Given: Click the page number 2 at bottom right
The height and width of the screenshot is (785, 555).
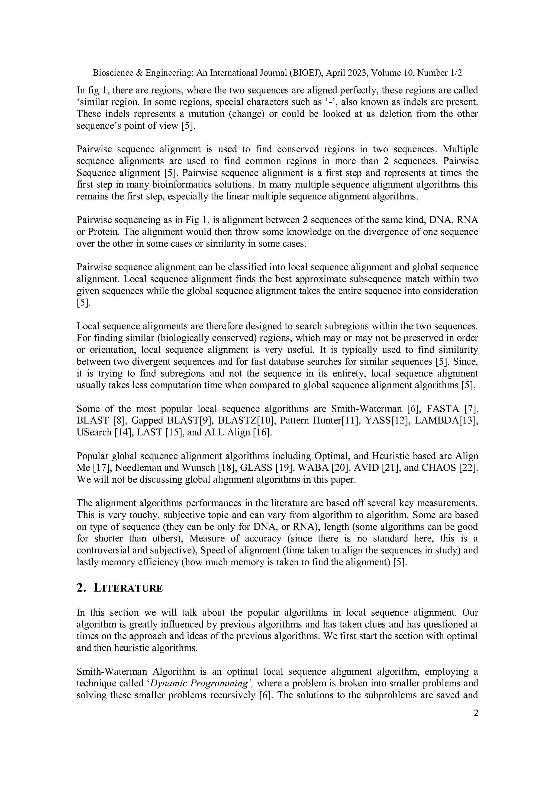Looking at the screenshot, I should (476, 713).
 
